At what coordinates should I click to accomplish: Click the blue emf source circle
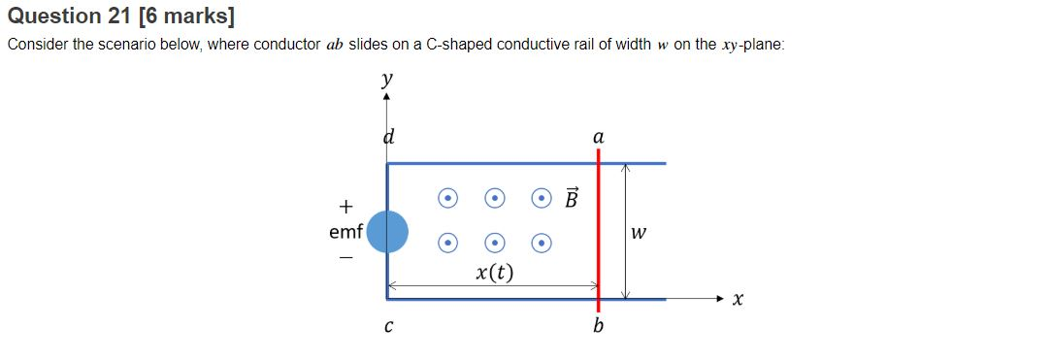(387, 232)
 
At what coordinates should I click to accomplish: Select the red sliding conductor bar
(598, 233)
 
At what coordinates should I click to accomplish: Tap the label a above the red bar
(598, 139)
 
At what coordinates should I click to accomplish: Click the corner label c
(388, 327)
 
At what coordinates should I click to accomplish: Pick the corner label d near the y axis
(388, 137)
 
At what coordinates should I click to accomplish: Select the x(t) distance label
(495, 271)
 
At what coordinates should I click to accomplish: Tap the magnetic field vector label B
(572, 199)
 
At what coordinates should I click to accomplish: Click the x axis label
(739, 302)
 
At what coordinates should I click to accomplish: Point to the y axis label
(387, 77)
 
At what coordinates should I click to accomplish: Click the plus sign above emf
(345, 206)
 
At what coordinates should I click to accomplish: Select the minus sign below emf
(345, 258)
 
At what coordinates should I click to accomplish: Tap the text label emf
(345, 232)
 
